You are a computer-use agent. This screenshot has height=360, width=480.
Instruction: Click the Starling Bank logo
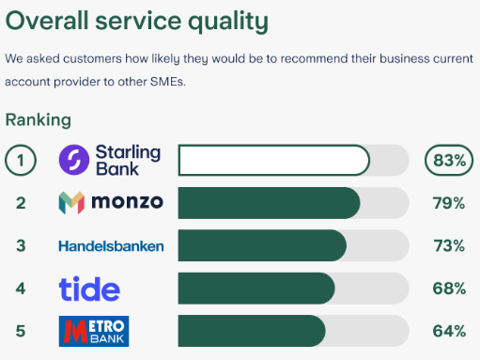(x=110, y=160)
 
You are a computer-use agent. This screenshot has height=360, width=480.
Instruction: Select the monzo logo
(x=110, y=202)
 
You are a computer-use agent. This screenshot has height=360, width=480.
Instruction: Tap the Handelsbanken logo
(x=111, y=246)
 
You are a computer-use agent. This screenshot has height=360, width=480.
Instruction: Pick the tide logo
(x=89, y=288)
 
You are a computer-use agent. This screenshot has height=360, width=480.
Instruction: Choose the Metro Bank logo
(x=93, y=331)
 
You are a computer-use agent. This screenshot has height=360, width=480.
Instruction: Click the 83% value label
(x=447, y=160)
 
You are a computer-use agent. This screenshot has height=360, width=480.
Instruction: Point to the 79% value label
(x=448, y=203)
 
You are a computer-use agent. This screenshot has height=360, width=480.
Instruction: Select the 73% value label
(x=448, y=246)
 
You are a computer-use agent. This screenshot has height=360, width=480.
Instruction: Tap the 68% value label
(x=448, y=289)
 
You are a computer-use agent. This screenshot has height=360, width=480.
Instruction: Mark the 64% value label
(x=448, y=331)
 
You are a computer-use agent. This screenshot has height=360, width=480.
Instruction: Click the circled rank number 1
(x=21, y=160)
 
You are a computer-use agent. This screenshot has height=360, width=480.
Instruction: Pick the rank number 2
(x=21, y=203)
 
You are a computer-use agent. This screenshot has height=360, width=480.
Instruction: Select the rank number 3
(x=21, y=246)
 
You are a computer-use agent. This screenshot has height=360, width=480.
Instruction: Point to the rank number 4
(x=21, y=289)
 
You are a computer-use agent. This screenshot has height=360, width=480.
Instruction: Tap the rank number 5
(x=21, y=331)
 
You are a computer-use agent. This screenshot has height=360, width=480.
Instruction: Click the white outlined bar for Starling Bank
(x=273, y=160)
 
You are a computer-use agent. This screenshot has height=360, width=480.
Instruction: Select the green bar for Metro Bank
(x=251, y=331)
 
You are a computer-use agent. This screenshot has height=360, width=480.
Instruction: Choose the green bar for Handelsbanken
(x=261, y=246)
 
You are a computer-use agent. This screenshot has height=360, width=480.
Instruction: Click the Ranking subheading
(x=38, y=120)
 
